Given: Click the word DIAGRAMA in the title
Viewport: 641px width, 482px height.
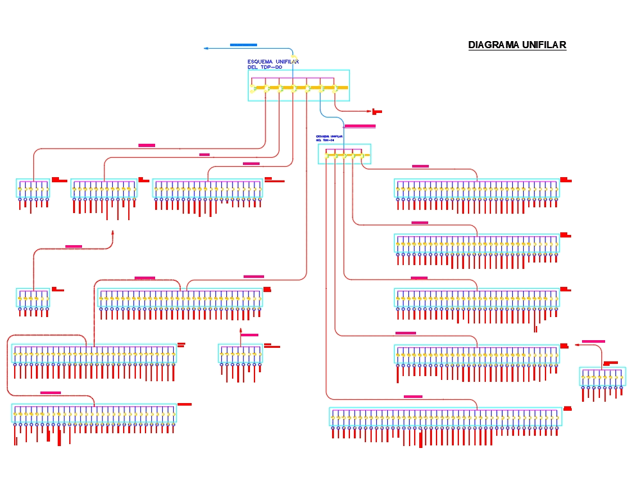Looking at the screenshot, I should [494, 45].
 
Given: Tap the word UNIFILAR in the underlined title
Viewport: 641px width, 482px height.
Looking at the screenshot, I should [544, 45].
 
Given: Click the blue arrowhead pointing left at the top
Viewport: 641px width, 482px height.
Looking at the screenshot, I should [206, 48].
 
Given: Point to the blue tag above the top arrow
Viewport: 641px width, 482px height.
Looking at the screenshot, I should [243, 45].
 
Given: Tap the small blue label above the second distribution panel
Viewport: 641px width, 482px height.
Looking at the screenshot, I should [329, 138].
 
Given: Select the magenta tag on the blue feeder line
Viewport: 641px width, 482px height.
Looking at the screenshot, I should [360, 126].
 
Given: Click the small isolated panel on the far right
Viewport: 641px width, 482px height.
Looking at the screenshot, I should [602, 377].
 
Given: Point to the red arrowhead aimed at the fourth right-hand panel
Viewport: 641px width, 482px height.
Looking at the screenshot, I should [577, 345].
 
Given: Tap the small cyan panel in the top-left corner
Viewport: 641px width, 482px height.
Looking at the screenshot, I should [33, 188].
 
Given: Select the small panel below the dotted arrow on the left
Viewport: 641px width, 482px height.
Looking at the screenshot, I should [33, 298].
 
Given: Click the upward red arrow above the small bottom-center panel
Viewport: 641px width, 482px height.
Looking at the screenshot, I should [241, 331].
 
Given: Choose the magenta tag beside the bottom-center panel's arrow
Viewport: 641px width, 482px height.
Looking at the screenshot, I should [249, 335].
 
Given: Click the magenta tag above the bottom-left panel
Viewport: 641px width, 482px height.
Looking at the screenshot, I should [51, 392].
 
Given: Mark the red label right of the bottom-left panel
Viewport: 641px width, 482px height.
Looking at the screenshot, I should [185, 404].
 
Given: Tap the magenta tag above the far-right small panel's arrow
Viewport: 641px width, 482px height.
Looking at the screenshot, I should [593, 341].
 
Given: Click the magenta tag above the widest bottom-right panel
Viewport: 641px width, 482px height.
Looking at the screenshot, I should [413, 397].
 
